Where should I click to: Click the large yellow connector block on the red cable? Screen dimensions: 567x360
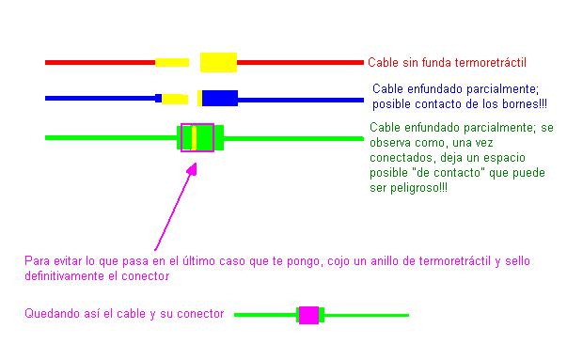[x=218, y=62]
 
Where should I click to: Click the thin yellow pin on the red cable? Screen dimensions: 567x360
[x=172, y=63]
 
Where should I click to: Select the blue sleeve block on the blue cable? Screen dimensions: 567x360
[x=220, y=98]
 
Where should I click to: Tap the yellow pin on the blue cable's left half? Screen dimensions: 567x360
[x=175, y=99]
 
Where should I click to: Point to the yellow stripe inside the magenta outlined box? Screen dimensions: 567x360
[x=194, y=138]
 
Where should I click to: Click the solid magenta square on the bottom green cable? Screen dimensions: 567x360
[x=308, y=315]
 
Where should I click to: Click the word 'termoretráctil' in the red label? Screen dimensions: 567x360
[x=490, y=63]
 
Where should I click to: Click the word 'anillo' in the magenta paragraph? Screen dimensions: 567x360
[x=385, y=261]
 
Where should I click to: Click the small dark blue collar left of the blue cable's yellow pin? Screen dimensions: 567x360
[x=158, y=98]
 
